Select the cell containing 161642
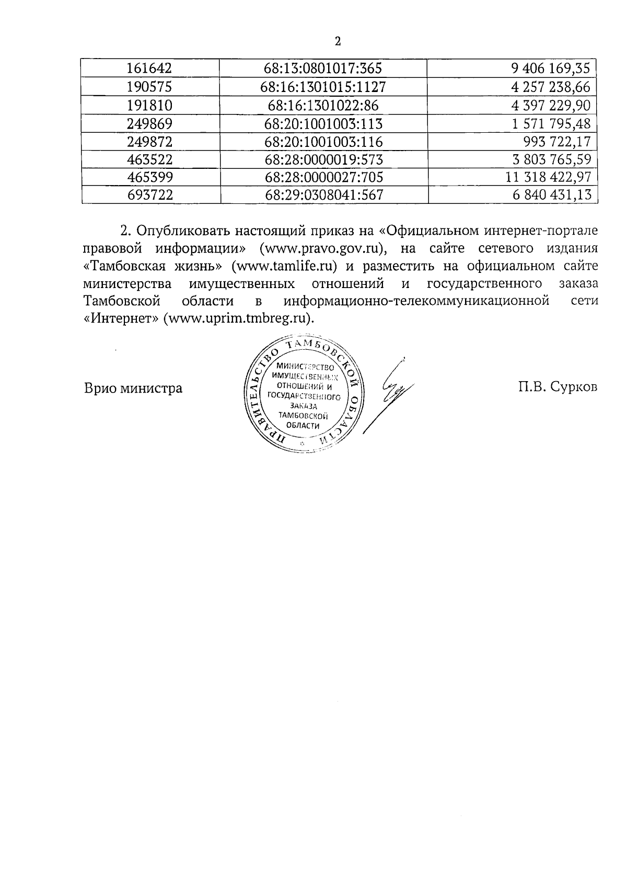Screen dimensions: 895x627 tap(150, 68)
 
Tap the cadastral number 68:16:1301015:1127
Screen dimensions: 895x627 tap(323, 87)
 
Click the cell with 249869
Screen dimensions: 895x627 tap(150, 124)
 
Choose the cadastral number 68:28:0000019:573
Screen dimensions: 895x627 tap(324, 159)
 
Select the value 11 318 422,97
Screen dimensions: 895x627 tap(548, 177)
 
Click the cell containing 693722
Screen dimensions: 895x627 tap(150, 195)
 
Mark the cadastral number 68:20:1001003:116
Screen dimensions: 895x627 tap(324, 141)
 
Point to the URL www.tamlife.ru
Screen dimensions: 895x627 tap(286, 266)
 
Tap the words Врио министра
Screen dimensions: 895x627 tap(133, 388)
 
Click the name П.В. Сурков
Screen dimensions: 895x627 tap(558, 387)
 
